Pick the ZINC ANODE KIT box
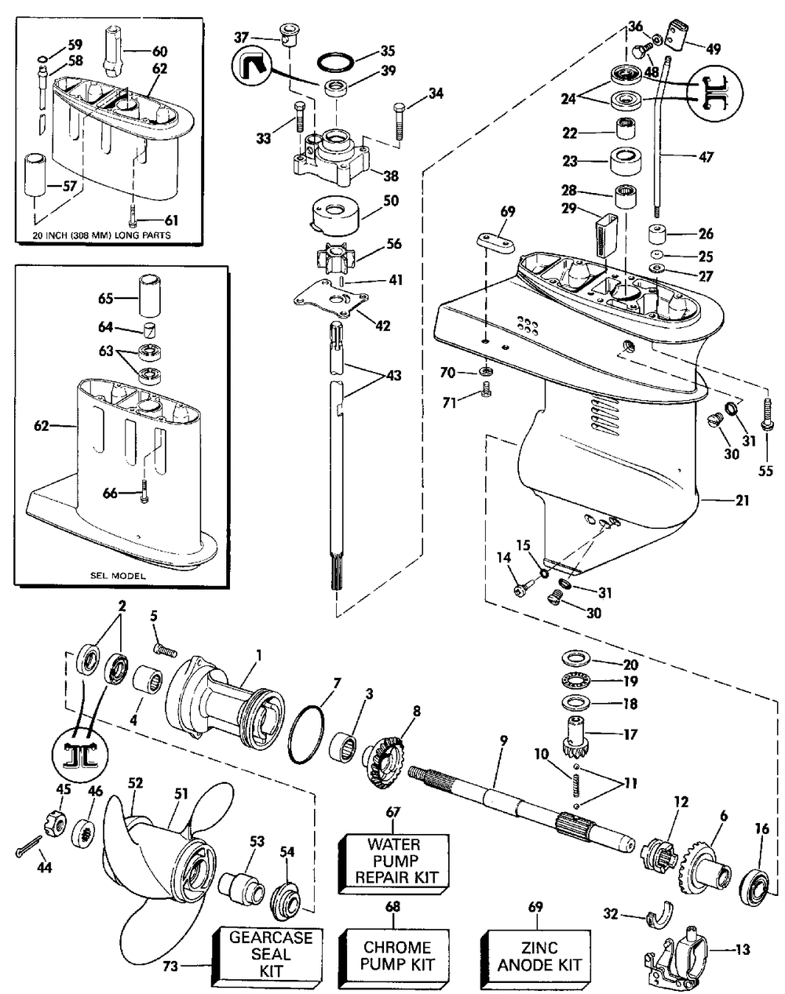[x=539, y=956]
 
